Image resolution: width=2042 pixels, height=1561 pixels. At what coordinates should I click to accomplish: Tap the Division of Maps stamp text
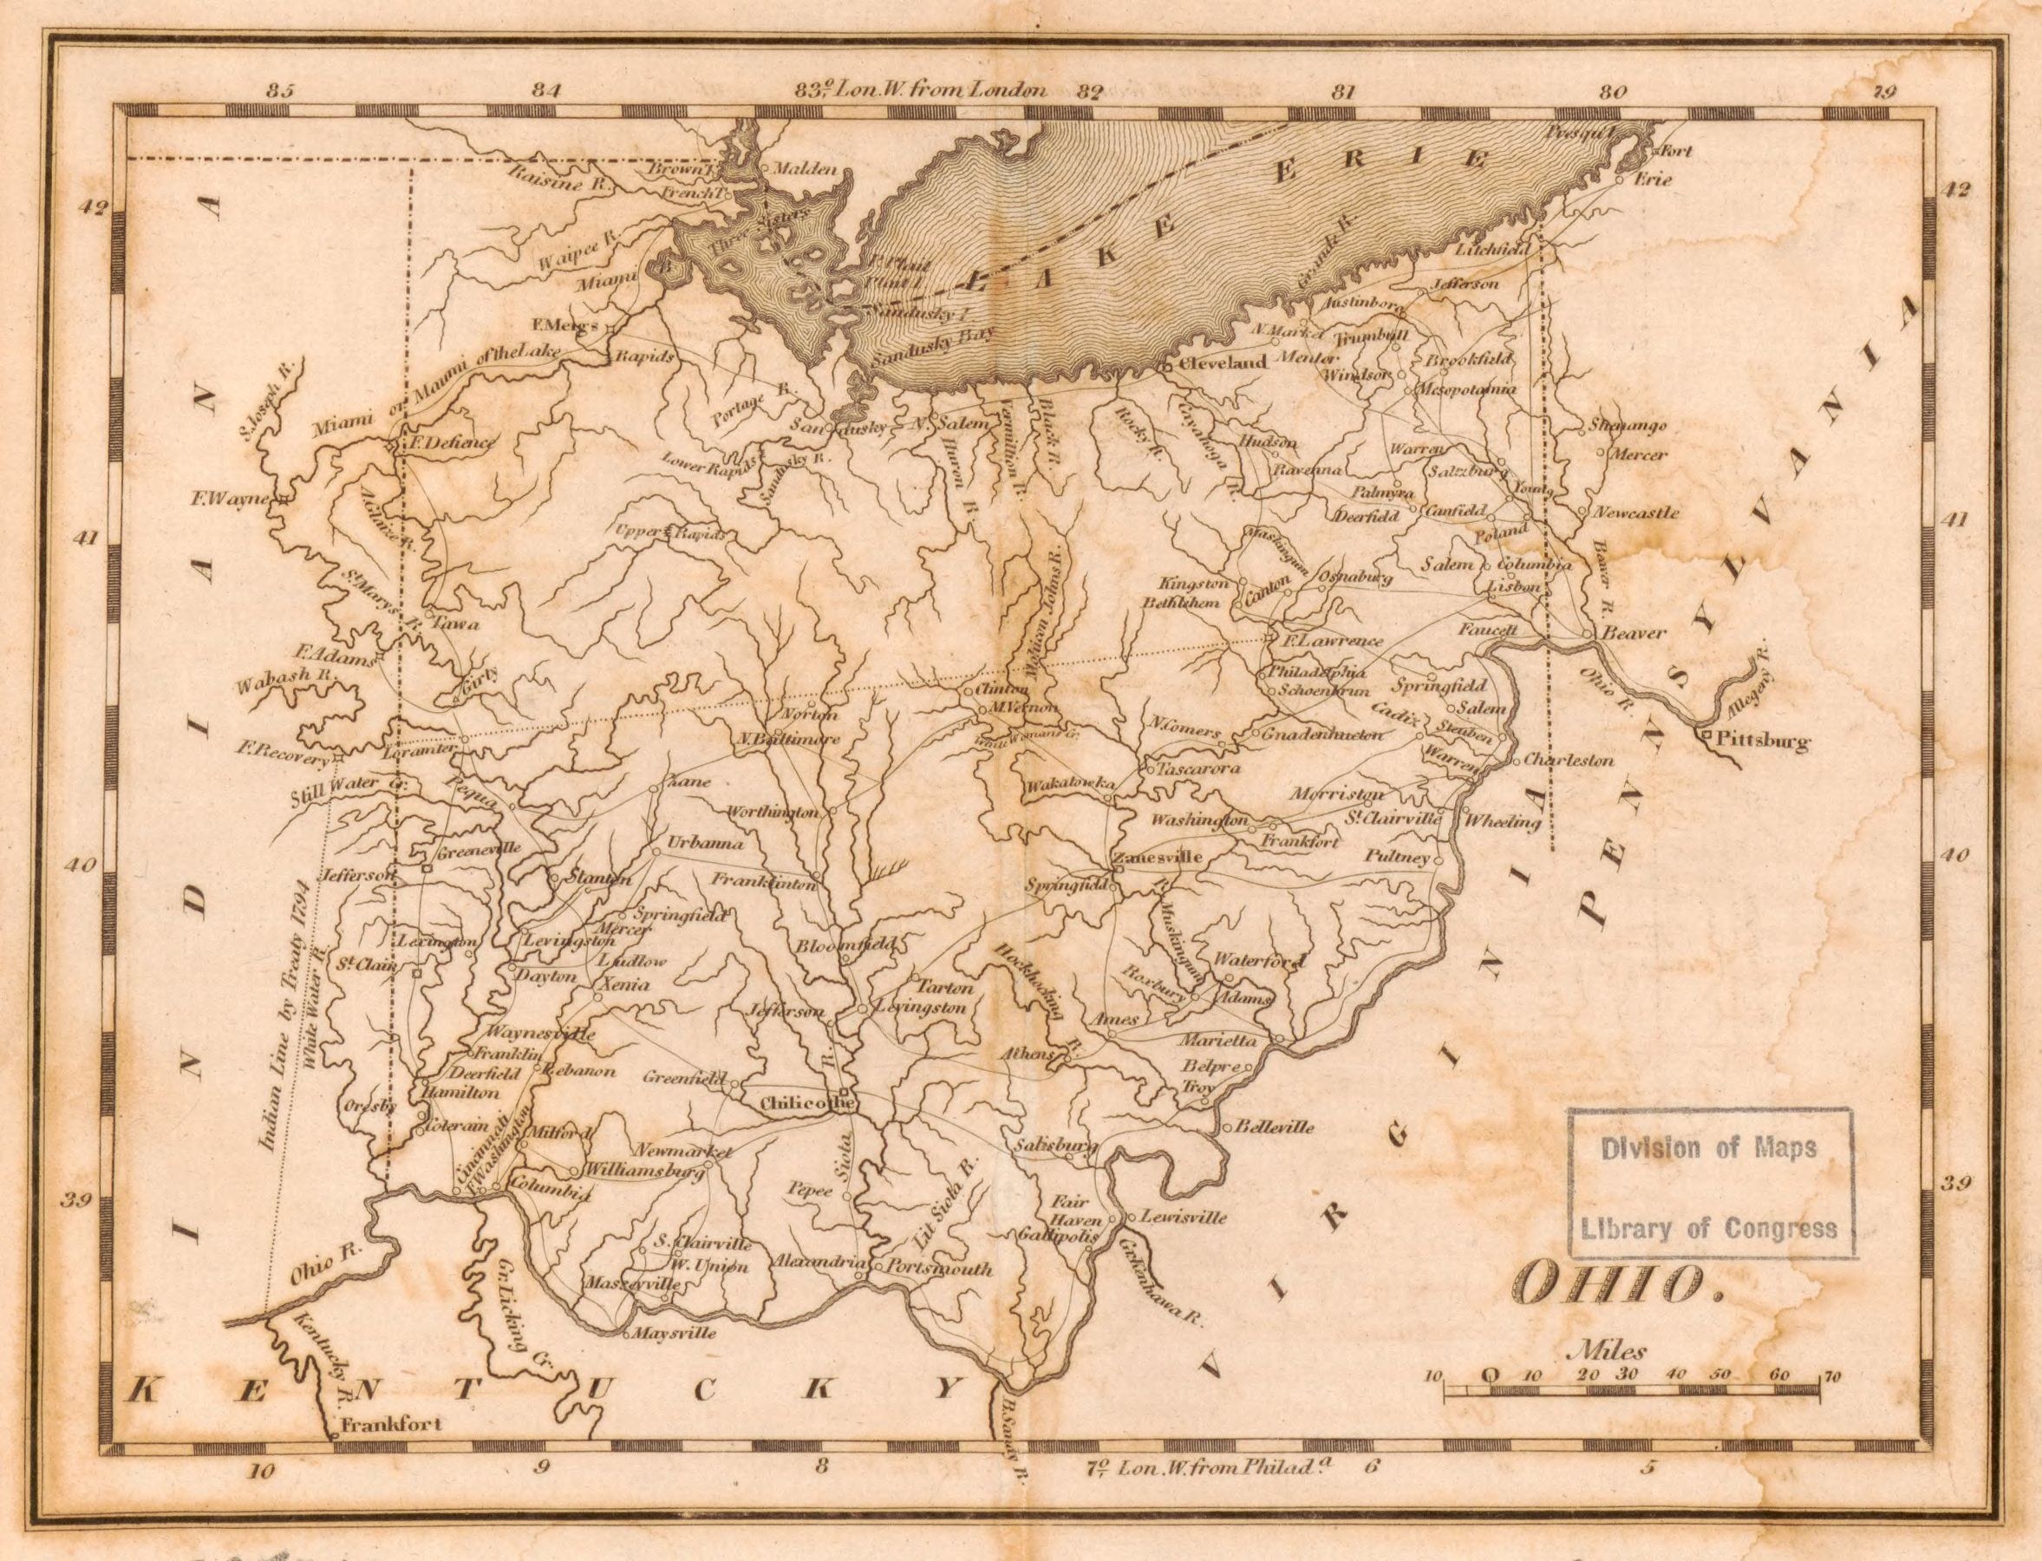1707,1148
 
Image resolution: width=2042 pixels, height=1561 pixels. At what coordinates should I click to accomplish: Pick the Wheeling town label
1502,822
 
